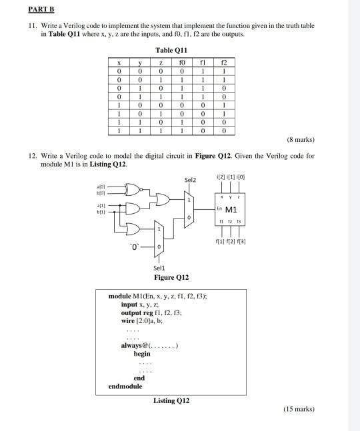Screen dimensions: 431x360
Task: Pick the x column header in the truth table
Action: [118, 61]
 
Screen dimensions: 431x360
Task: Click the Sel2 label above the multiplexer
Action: [190, 179]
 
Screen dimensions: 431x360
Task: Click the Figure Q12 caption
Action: [171, 276]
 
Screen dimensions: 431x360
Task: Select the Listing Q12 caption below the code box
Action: [171, 400]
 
